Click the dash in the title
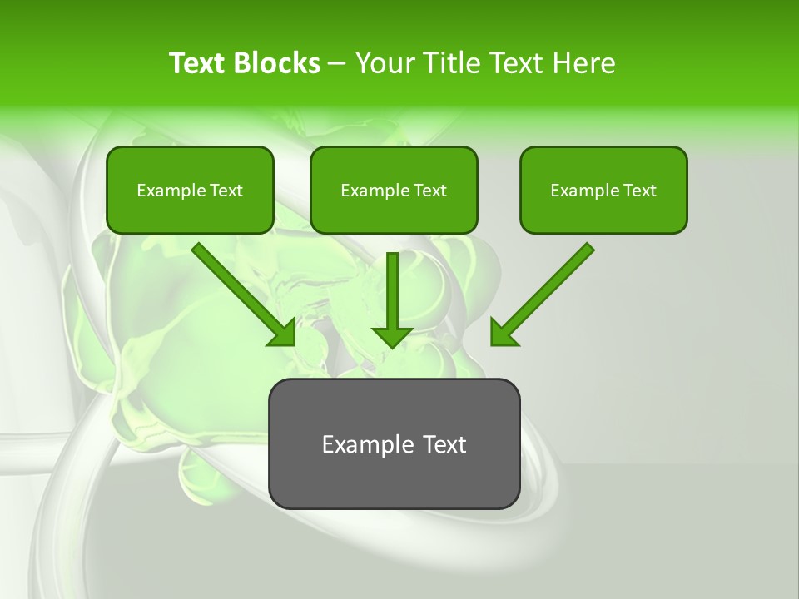pyautogui.click(x=337, y=64)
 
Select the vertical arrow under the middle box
pyautogui.click(x=392, y=295)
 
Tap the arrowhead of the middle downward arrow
pyautogui.click(x=392, y=335)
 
